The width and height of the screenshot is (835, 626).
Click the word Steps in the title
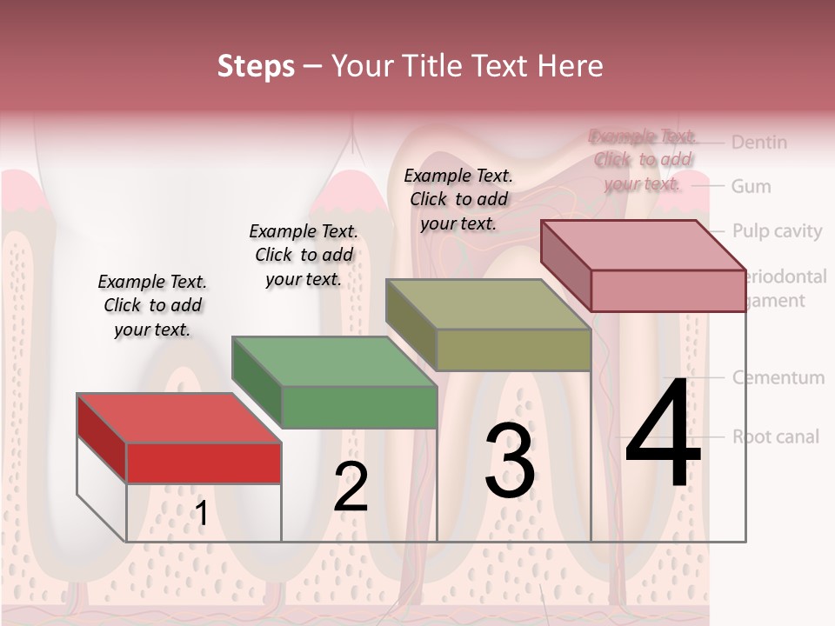point(256,66)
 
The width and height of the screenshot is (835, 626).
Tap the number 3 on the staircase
point(509,461)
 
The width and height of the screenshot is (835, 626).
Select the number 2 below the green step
point(351,487)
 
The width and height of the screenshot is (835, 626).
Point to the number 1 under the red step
point(201,514)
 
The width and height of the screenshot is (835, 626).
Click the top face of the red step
point(178,418)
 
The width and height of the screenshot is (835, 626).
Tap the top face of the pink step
point(643,244)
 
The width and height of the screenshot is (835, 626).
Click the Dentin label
point(758,142)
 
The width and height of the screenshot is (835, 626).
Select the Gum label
point(751,186)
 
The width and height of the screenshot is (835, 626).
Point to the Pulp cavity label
point(776,230)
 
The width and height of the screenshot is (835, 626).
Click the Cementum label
point(778,377)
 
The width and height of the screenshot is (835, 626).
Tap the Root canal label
point(775,436)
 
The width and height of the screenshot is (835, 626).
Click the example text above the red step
point(152,305)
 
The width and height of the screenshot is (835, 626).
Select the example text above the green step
point(304,255)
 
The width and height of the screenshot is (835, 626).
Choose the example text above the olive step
point(458,199)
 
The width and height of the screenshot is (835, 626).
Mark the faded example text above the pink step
point(643,159)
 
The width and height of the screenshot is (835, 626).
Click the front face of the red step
point(204,463)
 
